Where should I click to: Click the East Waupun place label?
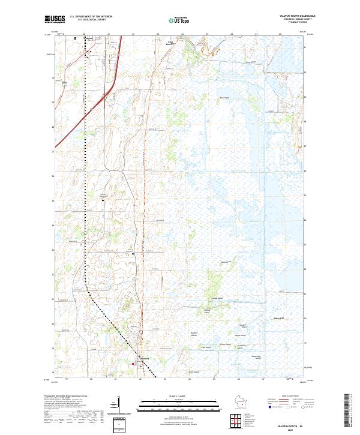click(x=170, y=43)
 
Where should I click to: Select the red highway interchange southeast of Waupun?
click(x=107, y=94)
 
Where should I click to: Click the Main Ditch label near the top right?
click(x=251, y=61)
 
